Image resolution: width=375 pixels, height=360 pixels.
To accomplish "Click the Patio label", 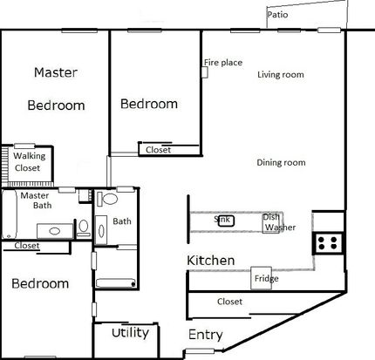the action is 277,15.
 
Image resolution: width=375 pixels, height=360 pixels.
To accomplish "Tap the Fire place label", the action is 223,63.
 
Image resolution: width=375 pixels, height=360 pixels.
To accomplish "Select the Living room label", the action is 281,75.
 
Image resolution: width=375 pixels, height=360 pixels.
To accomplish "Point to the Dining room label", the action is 281,162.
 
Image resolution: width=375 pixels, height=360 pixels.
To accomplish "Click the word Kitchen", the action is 211,261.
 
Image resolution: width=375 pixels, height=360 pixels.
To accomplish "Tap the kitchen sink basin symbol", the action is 226,221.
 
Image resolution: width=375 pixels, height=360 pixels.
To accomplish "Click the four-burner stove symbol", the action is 328,243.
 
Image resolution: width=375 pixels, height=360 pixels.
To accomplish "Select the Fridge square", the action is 262,278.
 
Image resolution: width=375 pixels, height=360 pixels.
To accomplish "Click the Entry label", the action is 206,335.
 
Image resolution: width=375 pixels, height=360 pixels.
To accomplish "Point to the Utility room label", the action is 130,333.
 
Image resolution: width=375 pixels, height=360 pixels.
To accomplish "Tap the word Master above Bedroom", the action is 56,72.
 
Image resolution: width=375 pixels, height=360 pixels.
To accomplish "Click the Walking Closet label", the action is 29,162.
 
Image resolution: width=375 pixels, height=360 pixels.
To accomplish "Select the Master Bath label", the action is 37,200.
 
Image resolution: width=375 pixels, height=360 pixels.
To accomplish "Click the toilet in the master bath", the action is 84,228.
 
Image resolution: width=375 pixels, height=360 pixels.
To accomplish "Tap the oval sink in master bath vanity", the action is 55,231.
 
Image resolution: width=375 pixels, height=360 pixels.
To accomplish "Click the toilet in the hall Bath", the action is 107,199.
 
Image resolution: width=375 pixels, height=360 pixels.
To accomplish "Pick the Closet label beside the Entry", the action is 229,302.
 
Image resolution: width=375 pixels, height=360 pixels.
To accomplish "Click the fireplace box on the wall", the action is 205,72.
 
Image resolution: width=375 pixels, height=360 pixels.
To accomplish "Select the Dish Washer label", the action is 279,222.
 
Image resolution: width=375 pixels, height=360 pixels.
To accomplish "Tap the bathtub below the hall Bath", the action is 116,283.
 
